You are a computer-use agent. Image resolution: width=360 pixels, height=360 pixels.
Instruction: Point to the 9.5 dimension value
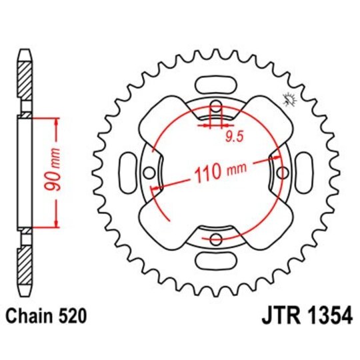(x=233, y=138)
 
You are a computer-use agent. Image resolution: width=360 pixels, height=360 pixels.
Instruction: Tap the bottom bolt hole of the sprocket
(x=215, y=239)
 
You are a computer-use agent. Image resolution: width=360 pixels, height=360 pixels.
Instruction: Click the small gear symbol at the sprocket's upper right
(x=289, y=99)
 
